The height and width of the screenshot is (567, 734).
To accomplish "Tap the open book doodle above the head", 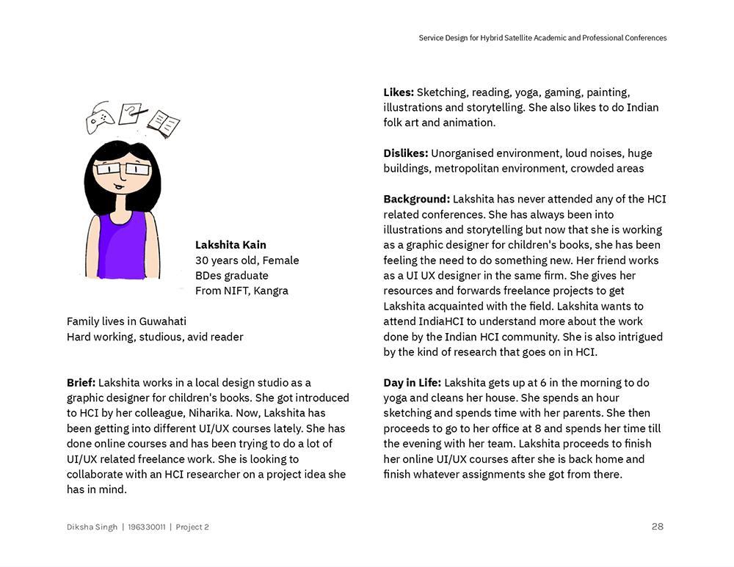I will (x=164, y=123).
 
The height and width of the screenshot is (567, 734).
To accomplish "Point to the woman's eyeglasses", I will (x=122, y=169).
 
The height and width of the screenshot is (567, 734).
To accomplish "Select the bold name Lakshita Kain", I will (x=230, y=245).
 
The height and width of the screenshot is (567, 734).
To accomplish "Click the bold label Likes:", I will (x=399, y=92).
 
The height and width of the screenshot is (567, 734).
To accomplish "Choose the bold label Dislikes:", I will (x=405, y=153).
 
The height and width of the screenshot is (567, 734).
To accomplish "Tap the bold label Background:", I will (x=416, y=199).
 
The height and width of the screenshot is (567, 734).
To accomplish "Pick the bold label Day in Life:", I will (x=412, y=382).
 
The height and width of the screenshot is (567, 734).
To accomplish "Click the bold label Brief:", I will (x=81, y=382).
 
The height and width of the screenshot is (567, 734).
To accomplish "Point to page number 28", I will (x=657, y=526).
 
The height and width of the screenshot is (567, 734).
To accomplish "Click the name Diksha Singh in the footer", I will (x=92, y=527).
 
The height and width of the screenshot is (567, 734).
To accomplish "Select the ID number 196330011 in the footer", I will (x=146, y=527).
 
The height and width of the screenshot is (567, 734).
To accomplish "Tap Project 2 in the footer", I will (x=192, y=527).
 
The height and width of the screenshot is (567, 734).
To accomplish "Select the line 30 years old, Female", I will (x=247, y=260).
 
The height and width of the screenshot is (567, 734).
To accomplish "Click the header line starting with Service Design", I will (x=542, y=38).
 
